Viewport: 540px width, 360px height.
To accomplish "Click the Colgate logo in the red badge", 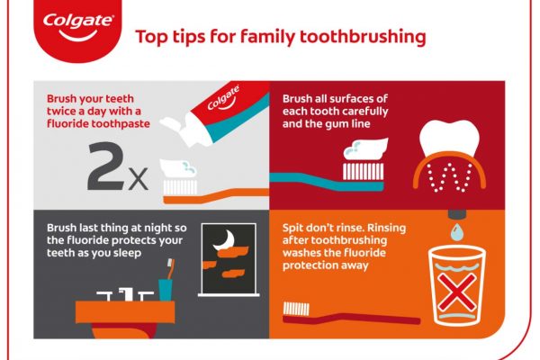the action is (x=78, y=27).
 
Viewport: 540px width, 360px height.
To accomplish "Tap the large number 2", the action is (x=105, y=166).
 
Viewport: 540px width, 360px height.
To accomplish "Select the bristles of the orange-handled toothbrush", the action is (x=180, y=187).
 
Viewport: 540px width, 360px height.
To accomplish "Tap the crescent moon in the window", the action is (x=225, y=240).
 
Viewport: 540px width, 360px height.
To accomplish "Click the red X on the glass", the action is (x=457, y=292).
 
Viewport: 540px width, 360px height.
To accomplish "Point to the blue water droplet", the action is (x=457, y=231).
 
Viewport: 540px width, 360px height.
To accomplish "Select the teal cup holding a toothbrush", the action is (x=165, y=290).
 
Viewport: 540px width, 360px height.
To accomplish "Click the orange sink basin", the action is (x=125, y=312).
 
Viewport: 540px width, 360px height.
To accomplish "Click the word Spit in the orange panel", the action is (x=292, y=229).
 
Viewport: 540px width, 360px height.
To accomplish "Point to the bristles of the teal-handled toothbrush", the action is (x=363, y=171).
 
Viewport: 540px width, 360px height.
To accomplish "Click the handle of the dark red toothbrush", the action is (x=351, y=319).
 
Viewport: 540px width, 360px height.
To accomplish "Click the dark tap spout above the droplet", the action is (x=457, y=214).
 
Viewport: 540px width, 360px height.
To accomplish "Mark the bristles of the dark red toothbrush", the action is (x=296, y=309).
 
